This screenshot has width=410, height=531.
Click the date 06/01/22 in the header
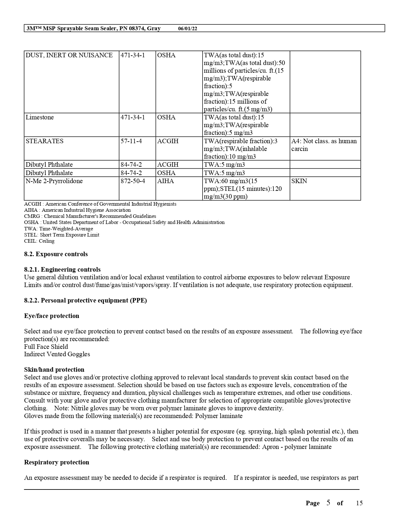pyautogui.click(x=187, y=28)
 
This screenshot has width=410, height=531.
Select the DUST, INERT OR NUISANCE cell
pyautogui.click(x=69, y=55)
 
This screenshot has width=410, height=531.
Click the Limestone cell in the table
pyautogui.click(x=40, y=117)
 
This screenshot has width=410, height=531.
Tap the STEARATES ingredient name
pyautogui.click(x=45, y=141)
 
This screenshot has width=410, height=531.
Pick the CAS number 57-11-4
pyautogui.click(x=131, y=141)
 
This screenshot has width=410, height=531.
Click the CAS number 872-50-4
pyautogui.click(x=133, y=181)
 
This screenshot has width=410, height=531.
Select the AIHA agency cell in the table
pyautogui.click(x=166, y=181)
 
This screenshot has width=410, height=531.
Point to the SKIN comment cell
pyautogui.click(x=299, y=181)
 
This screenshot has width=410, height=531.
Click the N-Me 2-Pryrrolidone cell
pyautogui.click(x=54, y=181)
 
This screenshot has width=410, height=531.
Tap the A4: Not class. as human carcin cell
pyautogui.click(x=324, y=145)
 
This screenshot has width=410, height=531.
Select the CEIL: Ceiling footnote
pyautogui.click(x=39, y=241)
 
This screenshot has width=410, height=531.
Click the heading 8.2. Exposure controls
pyautogui.click(x=56, y=254)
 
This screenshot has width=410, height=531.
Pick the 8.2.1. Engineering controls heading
pyautogui.click(x=62, y=270)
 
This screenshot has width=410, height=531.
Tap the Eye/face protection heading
pyautogui.click(x=52, y=316)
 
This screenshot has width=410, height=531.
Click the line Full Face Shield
pyautogui.click(x=46, y=347)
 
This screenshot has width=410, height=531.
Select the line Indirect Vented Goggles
pyautogui.click(x=57, y=354)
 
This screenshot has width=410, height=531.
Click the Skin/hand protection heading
pyautogui.click(x=54, y=370)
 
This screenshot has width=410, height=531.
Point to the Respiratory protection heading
pyautogui.click(x=57, y=462)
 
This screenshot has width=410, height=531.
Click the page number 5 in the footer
pyautogui.click(x=328, y=503)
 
